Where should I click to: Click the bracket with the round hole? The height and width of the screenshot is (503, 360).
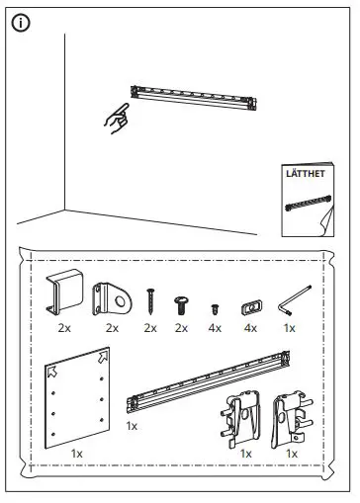coord(111,296)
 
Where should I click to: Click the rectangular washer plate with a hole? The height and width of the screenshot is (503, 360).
coord(249,305)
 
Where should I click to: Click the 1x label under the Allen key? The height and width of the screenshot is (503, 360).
coord(290,327)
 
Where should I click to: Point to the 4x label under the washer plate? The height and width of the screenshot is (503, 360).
coord(249,327)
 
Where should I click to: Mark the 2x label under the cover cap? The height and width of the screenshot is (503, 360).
coord(64,327)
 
